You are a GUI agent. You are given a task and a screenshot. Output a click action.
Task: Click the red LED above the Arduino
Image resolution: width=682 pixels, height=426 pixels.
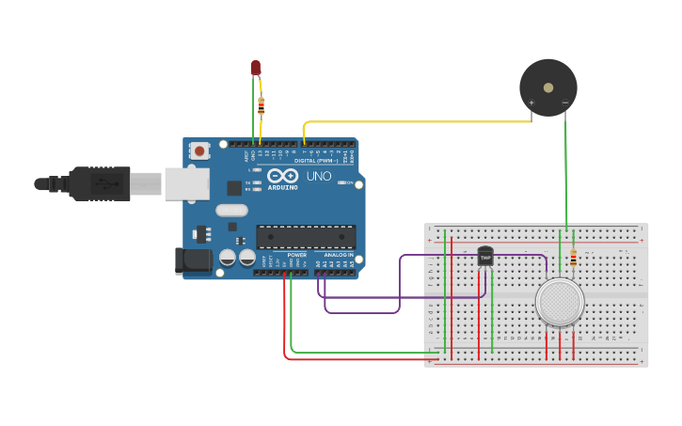(255, 67)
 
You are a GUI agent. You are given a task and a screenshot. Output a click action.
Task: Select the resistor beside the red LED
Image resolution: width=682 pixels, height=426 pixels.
(262, 105)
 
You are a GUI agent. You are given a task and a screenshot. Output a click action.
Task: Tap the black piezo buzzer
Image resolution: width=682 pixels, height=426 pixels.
(548, 87)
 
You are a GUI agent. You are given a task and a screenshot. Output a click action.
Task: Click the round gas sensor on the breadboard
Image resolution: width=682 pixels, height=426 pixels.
(560, 302)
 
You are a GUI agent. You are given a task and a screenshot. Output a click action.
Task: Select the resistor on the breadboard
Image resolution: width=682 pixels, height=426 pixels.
(573, 257)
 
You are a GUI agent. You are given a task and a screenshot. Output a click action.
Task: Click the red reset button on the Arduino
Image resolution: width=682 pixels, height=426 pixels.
(199, 150)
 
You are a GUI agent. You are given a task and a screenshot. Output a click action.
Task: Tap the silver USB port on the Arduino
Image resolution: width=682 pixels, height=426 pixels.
(186, 183)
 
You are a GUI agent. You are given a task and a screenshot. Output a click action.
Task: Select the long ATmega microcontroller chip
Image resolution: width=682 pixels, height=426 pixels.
(306, 237)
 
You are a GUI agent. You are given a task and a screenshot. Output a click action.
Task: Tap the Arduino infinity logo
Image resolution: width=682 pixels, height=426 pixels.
(282, 176)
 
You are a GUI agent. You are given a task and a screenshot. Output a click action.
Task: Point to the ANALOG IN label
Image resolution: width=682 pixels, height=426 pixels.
(339, 255)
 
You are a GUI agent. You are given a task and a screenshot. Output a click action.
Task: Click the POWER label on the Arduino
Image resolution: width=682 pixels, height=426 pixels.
(296, 255)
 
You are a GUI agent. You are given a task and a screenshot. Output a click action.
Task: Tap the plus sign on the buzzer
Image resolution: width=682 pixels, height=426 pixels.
(531, 102)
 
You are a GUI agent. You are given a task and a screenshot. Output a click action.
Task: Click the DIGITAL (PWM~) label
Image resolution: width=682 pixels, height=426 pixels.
(316, 161)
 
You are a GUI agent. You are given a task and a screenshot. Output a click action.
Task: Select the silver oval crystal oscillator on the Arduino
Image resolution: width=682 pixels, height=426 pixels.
(231, 211)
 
